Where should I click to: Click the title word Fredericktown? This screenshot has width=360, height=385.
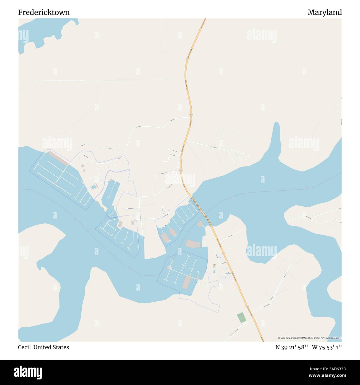44,12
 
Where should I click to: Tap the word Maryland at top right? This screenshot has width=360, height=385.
325,12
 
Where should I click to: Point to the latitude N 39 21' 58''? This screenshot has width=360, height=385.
292,347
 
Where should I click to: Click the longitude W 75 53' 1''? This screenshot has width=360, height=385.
327,347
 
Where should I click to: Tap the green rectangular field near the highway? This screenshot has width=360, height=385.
241,317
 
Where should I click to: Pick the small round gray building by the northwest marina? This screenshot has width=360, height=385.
83,166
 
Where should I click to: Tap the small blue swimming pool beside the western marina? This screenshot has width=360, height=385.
94,187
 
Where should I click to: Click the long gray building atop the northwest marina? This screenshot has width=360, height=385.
58,158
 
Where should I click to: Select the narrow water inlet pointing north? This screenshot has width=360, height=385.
276,136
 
